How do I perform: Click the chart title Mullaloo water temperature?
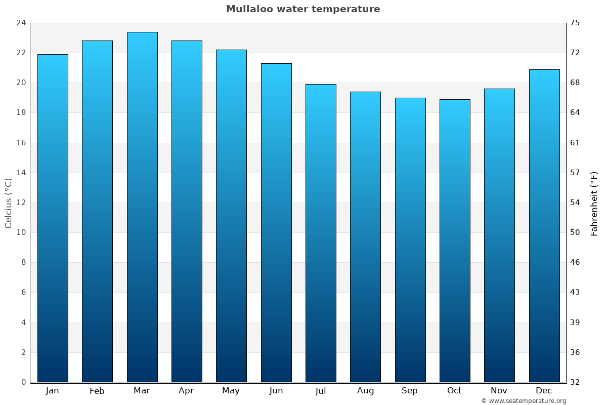pos(303,9)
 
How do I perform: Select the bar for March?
pos(142,208)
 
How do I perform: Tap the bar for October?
pos(455,241)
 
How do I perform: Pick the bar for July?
pos(321,233)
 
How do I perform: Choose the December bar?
pos(544,226)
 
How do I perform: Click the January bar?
pos(53,218)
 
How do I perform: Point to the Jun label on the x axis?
pos(276,391)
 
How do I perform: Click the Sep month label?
pos(410,391)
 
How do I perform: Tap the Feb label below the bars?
pos(97,391)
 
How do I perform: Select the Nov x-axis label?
pos(499,391)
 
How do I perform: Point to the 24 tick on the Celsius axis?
pos(21,23)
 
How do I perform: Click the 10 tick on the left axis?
pos(21,232)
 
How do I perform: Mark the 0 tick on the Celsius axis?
pos(23,382)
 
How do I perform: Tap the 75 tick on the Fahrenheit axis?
pos(575,23)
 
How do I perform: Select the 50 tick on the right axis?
pos(575,232)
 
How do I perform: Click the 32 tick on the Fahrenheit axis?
pos(575,382)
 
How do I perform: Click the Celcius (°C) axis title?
pos(9,202)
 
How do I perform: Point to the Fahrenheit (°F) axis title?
pos(594,204)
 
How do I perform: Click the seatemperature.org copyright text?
pos(524,401)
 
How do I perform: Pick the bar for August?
pos(365,237)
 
